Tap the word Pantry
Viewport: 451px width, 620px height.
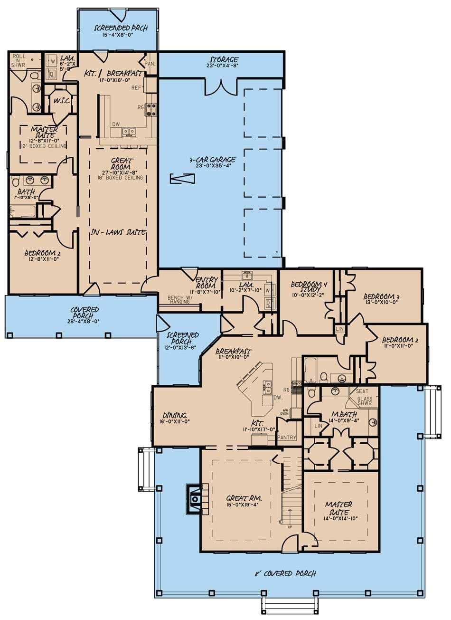click(x=287, y=437)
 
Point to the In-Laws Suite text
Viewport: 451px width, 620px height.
click(x=118, y=232)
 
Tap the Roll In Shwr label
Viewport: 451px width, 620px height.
click(x=19, y=62)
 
